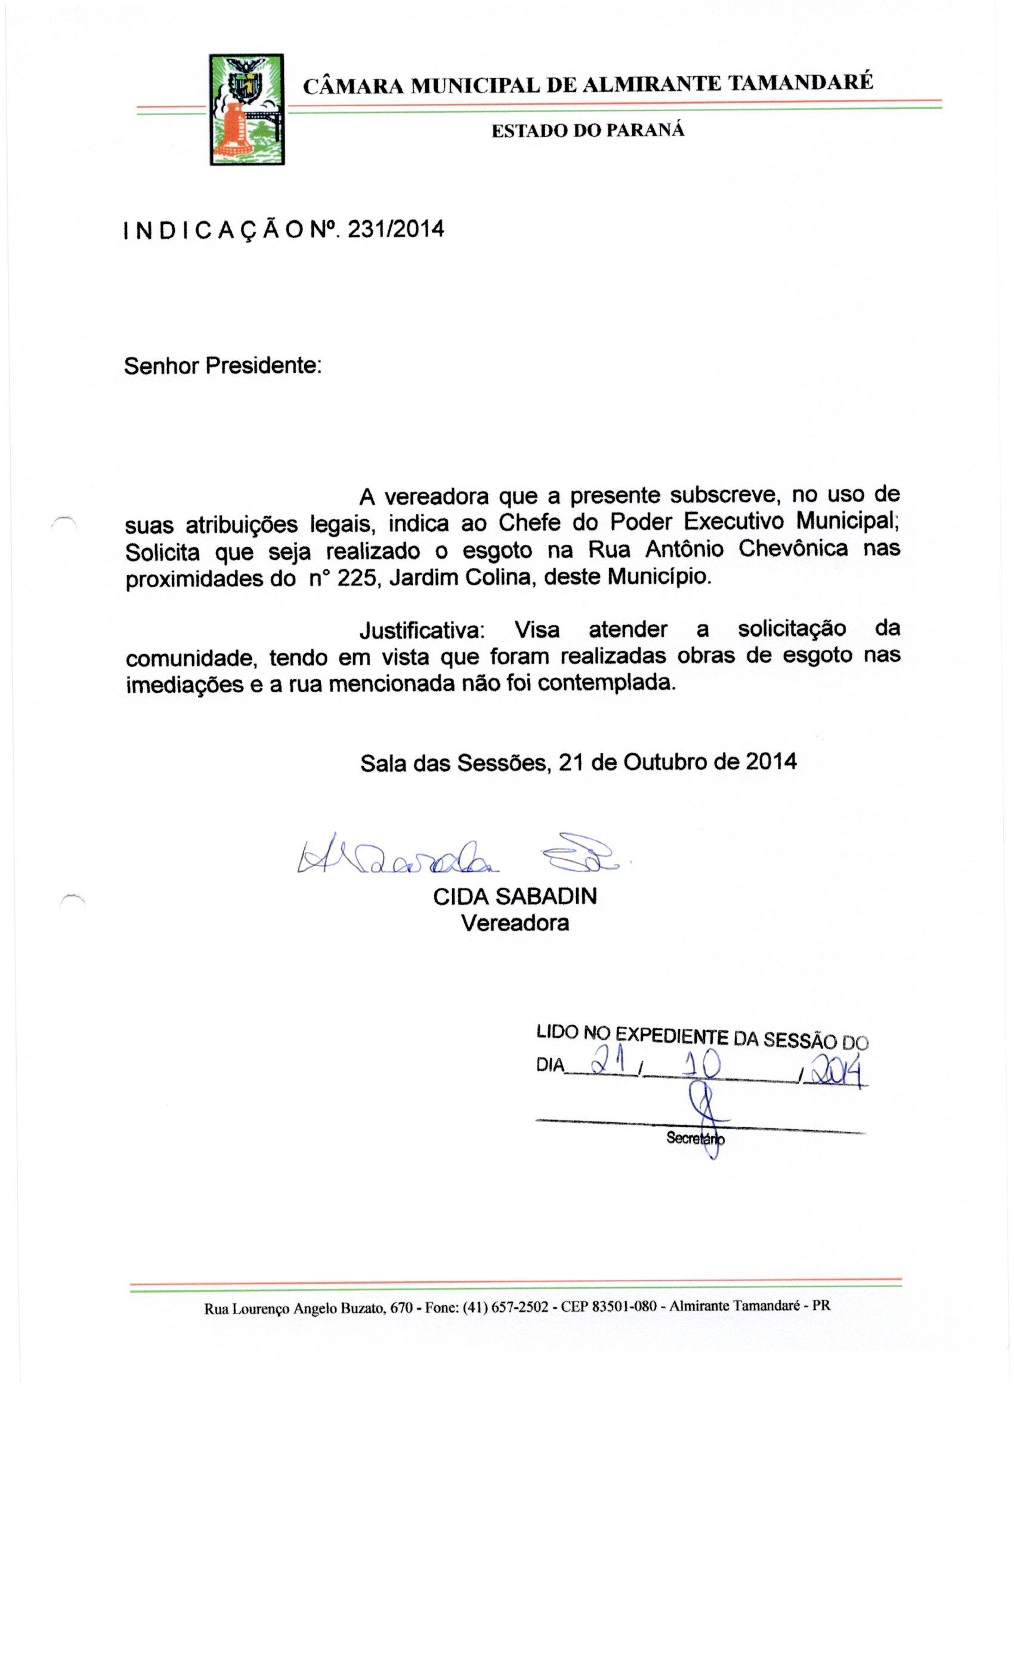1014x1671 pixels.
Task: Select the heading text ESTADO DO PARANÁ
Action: (x=587, y=131)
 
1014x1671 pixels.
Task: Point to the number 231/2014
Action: (x=395, y=229)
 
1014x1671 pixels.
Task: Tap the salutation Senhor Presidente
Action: (x=222, y=366)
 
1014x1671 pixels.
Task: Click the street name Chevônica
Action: (x=792, y=548)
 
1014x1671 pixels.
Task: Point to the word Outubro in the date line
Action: (x=668, y=761)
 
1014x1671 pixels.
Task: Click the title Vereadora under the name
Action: (x=515, y=923)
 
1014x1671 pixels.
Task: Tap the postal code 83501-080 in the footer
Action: (x=623, y=1306)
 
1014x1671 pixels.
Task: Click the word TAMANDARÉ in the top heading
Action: (x=800, y=83)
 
